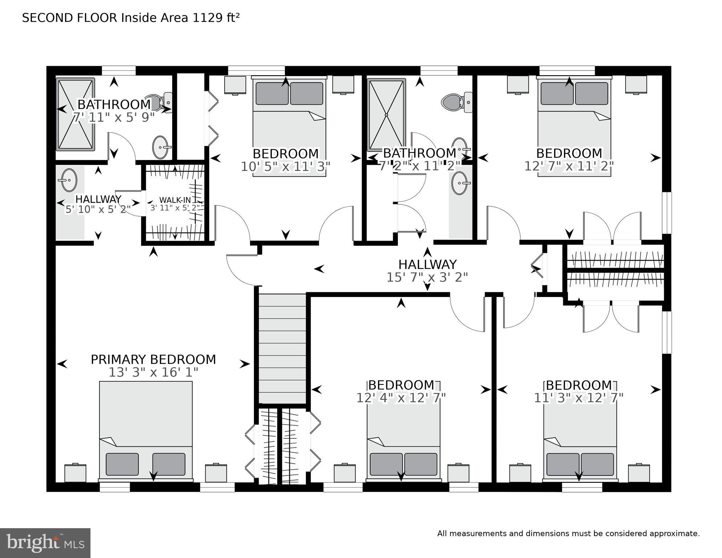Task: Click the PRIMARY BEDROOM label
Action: [x=153, y=360]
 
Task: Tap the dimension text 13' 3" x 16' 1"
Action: [x=153, y=372]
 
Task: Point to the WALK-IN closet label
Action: [x=175, y=200]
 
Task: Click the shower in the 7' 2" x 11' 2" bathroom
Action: [x=386, y=115]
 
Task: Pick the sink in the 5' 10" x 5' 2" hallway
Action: [x=69, y=180]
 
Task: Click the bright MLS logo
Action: [x=45, y=543]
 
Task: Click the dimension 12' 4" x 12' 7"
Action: [x=401, y=398]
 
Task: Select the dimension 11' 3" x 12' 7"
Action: [x=578, y=398]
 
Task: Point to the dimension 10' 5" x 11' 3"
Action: [x=286, y=166]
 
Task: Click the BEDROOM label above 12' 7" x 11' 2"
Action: [x=569, y=153]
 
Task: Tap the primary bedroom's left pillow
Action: [x=122, y=464]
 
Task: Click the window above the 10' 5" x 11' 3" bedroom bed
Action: [x=256, y=70]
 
